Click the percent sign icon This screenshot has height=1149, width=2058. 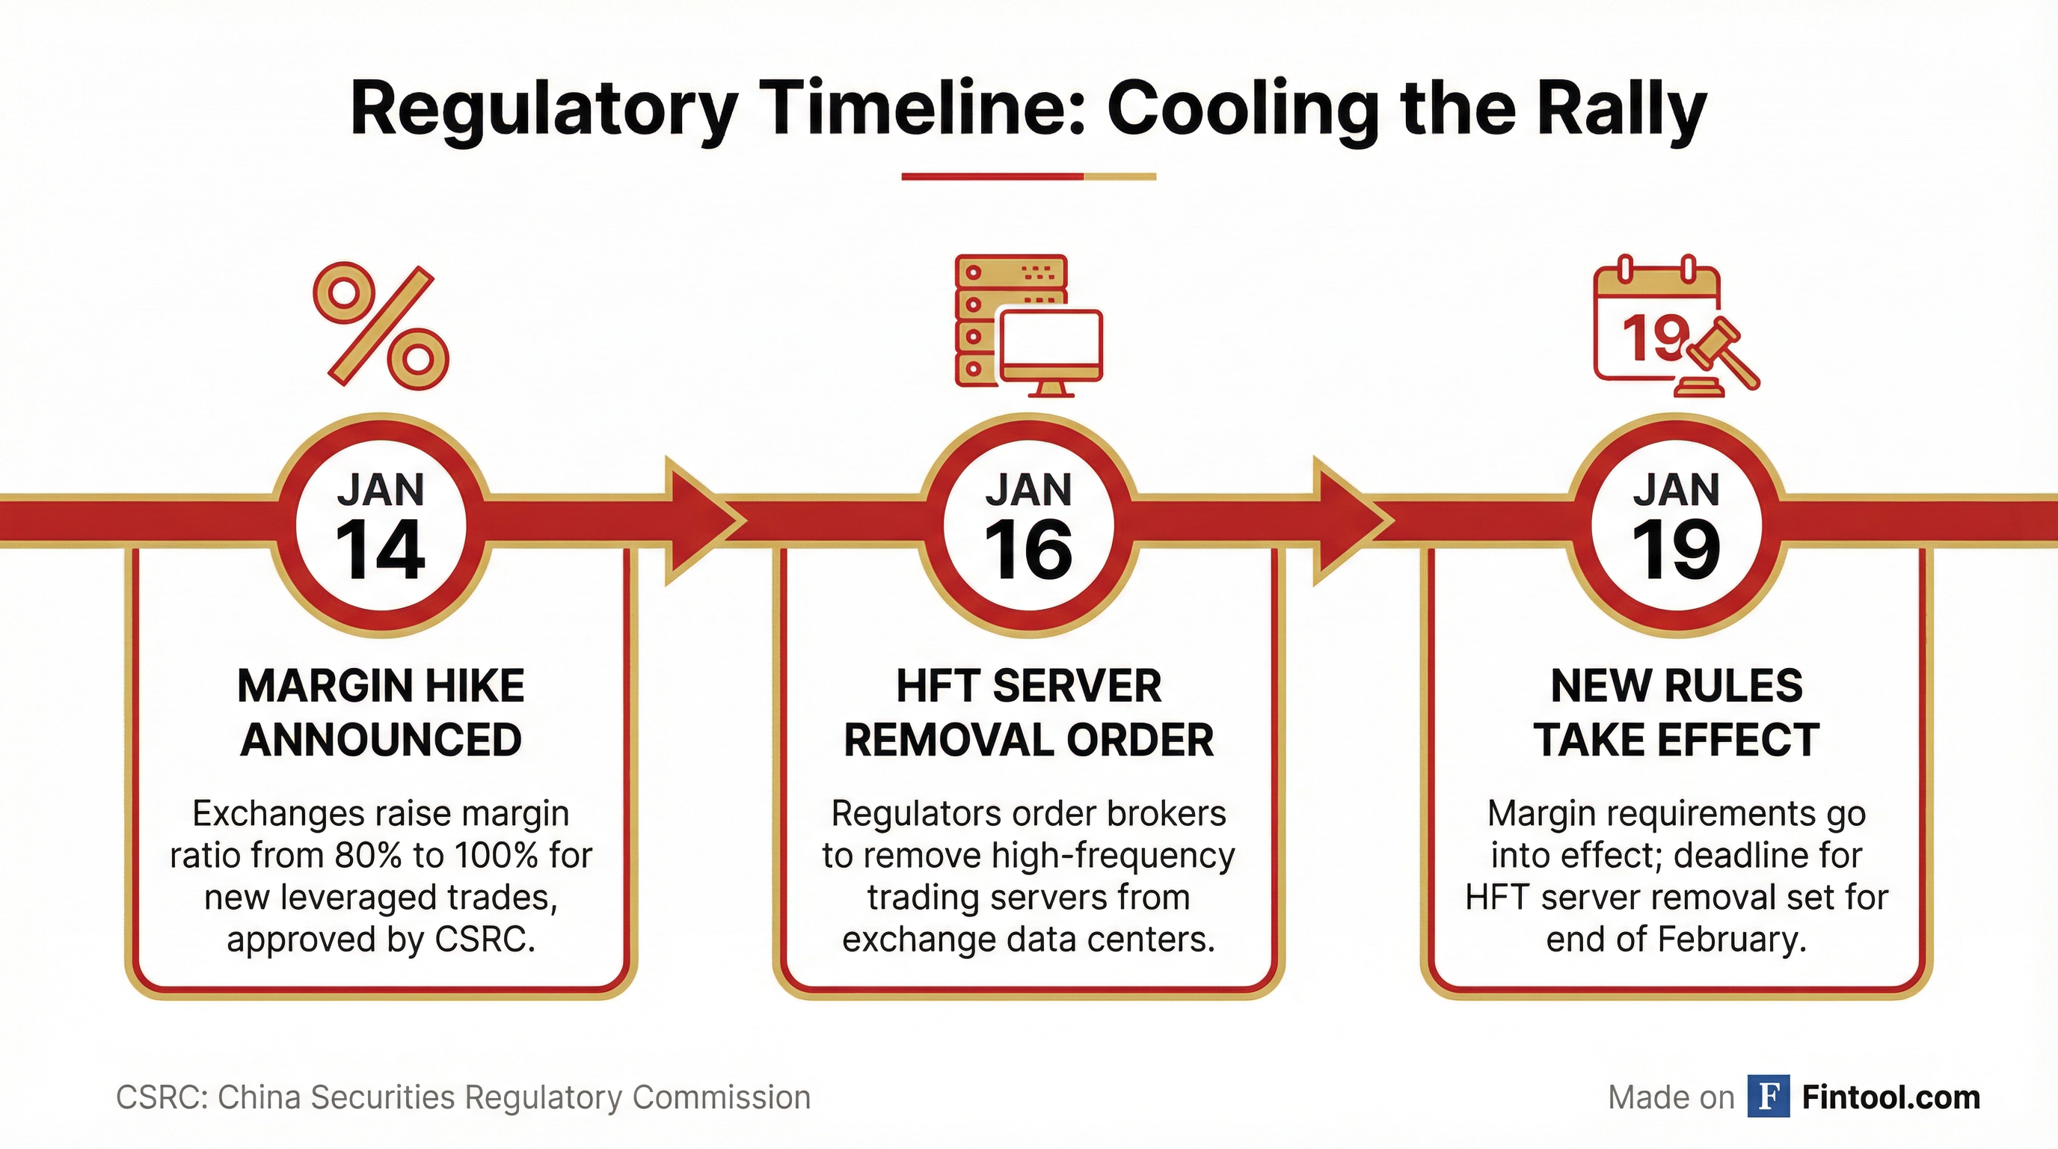coord(381,326)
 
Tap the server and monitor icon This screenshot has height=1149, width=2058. coord(1029,326)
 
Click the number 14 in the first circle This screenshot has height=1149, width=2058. coord(381,551)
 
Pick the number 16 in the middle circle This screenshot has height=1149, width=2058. coord(1029,551)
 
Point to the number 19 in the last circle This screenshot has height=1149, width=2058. coord(1676,551)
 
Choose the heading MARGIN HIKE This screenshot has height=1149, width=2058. coord(381,685)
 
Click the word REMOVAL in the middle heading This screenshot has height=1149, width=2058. coord(945,740)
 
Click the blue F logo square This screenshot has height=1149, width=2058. coord(1768,1097)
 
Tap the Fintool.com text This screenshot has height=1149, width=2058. coord(1891,1097)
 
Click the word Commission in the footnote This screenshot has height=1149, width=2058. coord(722,1097)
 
